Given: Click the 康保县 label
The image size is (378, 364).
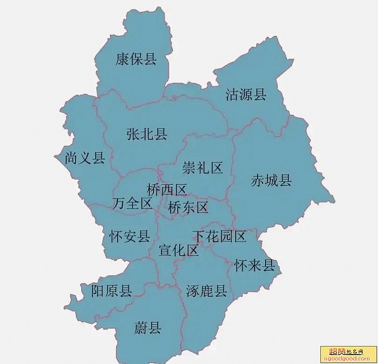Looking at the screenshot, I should [136, 59].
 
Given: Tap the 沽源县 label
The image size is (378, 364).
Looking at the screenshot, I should [246, 95].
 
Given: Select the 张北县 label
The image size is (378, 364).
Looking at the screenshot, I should [147, 135].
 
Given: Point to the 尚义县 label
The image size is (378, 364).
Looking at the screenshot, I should [85, 158].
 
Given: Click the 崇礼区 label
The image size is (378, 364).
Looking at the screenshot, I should [202, 167].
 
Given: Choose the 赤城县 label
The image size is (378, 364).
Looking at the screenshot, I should [271, 180].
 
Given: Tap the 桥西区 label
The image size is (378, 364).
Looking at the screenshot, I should [167, 190].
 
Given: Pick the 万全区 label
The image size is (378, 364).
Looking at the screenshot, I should [132, 204].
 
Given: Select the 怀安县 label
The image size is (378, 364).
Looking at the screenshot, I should [129, 236].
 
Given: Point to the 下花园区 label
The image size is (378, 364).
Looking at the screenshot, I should [219, 236].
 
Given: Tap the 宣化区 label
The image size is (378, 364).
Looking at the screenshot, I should [179, 251].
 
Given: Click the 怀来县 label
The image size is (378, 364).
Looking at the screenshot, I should [255, 266].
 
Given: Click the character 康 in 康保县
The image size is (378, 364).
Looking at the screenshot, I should [122, 59].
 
